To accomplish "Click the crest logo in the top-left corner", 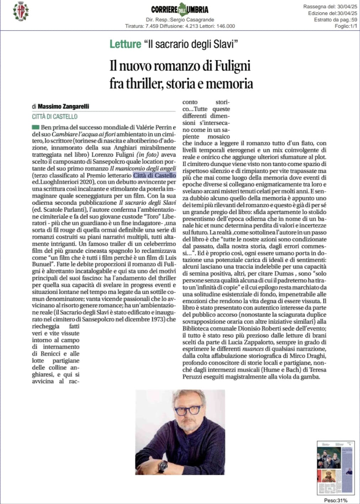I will tap(21, 11).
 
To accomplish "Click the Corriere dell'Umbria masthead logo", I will tap(180, 10).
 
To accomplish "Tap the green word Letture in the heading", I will tap(125, 44).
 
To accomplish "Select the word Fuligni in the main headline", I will tap(232, 66).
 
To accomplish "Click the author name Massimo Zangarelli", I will tap(63, 106).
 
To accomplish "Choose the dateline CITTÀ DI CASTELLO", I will tap(55, 117).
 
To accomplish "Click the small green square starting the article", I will tap(36, 127).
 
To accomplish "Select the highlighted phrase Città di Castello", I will tap(154, 175).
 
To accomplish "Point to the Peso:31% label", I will tap(335, 500).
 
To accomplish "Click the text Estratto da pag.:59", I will tap(335, 20).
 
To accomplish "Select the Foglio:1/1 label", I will tap(346, 26).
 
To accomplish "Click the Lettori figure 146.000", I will tap(226, 26).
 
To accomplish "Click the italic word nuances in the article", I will tap(253, 349).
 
